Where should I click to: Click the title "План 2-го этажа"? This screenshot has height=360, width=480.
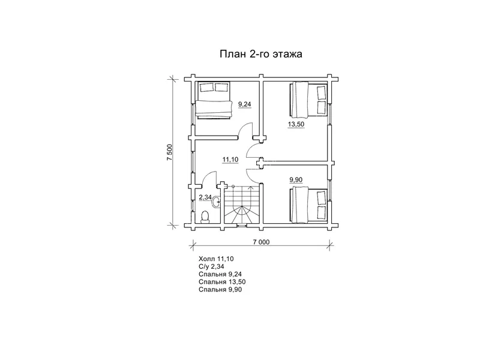coord(261,54)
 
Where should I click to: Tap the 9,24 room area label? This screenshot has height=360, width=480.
coord(245,104)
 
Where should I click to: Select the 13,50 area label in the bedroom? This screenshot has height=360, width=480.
coord(296,124)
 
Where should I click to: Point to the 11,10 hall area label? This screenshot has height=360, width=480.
coord(230,160)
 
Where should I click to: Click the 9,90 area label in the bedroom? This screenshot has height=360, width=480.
coord(296,179)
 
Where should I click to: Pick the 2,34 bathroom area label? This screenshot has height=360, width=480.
coord(205,197)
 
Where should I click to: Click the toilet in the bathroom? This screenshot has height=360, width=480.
coord(205,217)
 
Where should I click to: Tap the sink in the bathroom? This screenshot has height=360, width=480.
coord(217,202)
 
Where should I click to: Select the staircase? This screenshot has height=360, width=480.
coord(242,205)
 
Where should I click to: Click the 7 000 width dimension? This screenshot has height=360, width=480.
coord(261,242)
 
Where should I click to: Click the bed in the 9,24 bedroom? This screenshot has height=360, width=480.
coord(214,100)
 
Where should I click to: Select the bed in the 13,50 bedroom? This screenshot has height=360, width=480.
coord(308,100)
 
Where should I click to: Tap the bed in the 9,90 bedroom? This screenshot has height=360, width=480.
coord(308,205)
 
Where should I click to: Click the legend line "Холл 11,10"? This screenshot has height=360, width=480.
coord(216,259)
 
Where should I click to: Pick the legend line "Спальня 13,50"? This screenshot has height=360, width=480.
coord(222,282)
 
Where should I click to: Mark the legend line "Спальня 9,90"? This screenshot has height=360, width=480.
coord(220,290)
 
